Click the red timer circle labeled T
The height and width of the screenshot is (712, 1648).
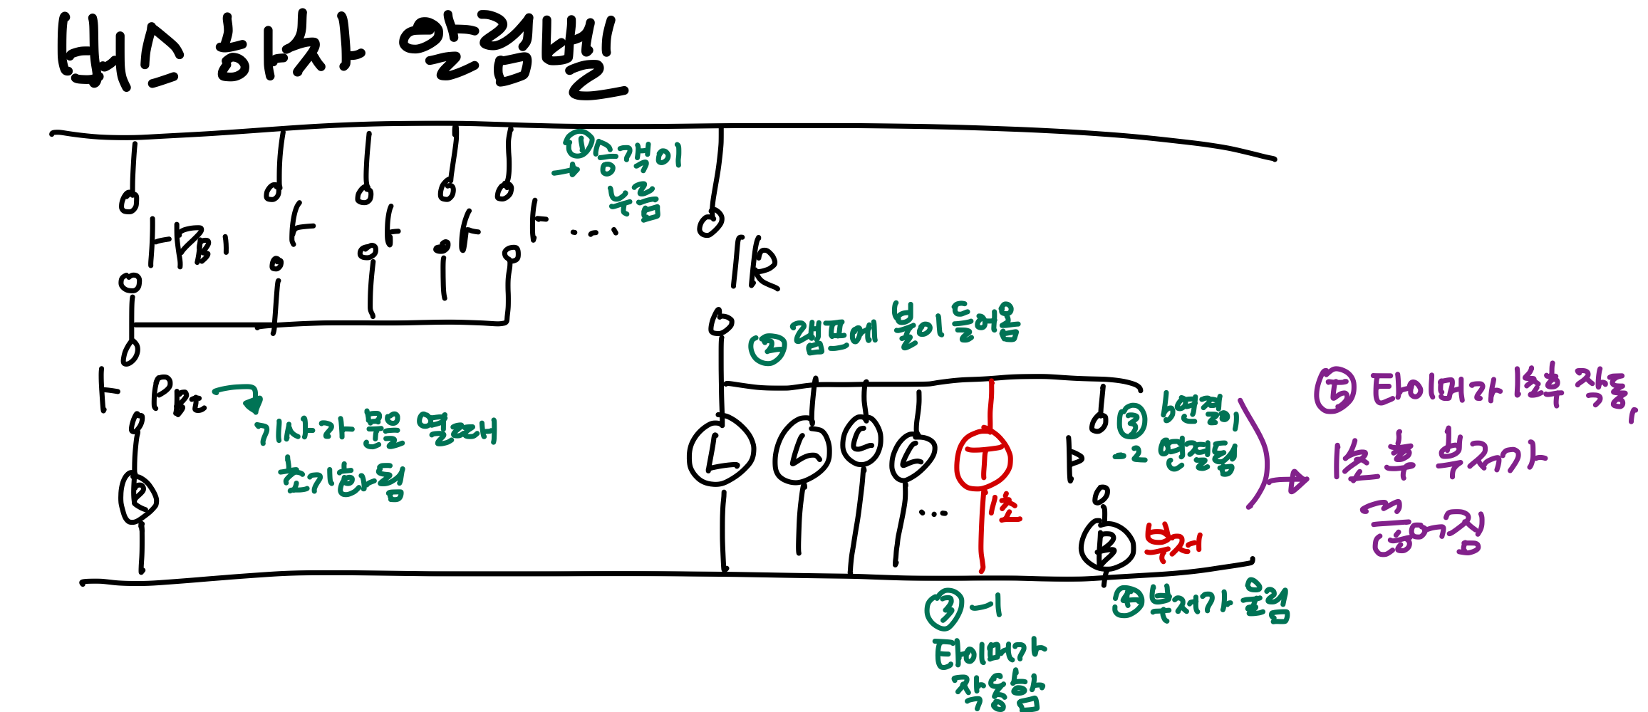[x=983, y=459]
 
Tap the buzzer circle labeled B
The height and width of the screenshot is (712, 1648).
[x=1106, y=545]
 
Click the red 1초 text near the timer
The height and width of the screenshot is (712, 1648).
[x=1005, y=508]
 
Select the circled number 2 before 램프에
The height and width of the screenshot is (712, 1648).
[x=767, y=348]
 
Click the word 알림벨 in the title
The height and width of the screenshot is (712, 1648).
[x=513, y=57]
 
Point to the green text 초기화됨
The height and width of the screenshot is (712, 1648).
[x=342, y=478]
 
